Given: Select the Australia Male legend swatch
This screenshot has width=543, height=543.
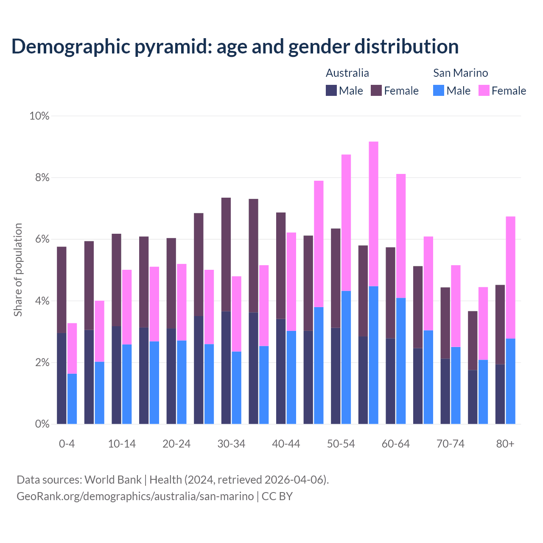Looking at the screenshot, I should pos(331,90).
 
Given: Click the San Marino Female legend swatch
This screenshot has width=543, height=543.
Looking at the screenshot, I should pos(484,90).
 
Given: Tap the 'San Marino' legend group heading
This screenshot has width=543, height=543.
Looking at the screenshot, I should pos(460,73).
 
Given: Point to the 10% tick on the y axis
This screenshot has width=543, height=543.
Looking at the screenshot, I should pos(39,116).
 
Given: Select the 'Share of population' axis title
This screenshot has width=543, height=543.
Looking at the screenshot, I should pos(18,270).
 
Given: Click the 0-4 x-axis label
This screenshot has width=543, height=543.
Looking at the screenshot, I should pos(67,444).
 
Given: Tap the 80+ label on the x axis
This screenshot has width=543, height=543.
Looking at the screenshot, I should pos(505,444).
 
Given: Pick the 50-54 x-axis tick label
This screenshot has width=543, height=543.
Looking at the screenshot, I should pos(341,444).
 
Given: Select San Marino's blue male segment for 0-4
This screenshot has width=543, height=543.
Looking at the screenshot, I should pos(72,399).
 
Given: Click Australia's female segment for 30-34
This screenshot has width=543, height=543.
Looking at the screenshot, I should pos(226,255).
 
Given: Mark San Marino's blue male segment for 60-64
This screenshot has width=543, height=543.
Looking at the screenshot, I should pos(401,361).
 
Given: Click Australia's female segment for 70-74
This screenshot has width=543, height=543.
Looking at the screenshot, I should pos(445,323).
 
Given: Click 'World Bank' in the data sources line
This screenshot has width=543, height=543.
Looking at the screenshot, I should pos(113,480).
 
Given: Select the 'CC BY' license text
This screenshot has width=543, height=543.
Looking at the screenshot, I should pos(277,496).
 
